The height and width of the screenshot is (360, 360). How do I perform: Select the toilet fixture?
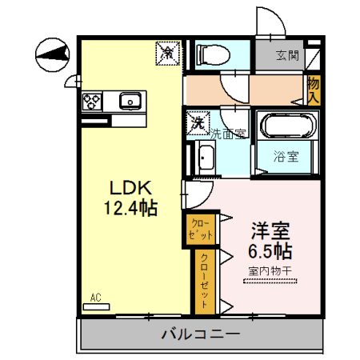pyautogui.click(x=210, y=54)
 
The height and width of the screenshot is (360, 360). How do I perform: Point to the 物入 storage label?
pyautogui.click(x=314, y=89)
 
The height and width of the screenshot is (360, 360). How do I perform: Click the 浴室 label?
pyautogui.click(x=287, y=156)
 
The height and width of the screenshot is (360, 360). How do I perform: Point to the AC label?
pyautogui.click(x=96, y=298)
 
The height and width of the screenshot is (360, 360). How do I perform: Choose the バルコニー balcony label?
pyautogui.click(x=199, y=333)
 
